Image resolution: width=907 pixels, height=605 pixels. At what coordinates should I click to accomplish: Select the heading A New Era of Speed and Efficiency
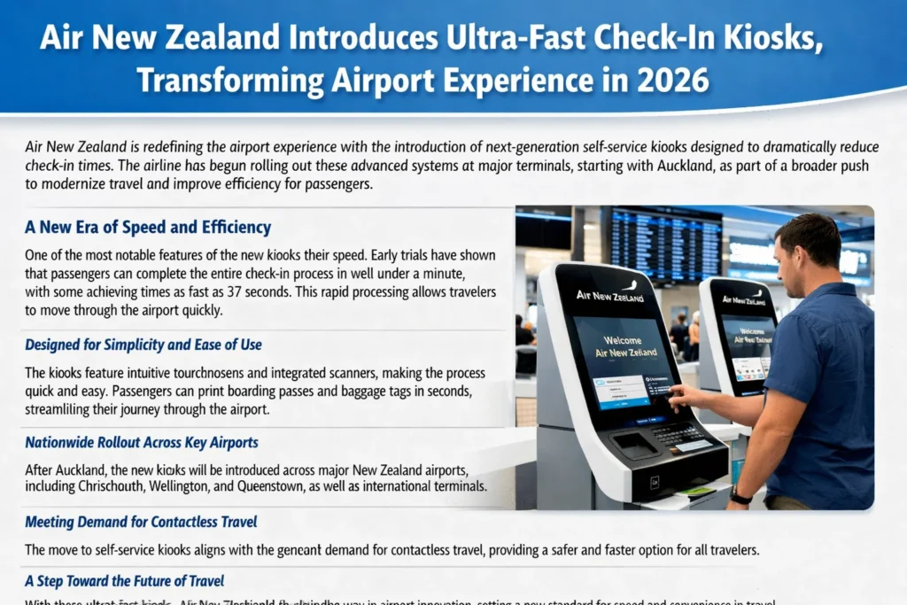(x=148, y=228)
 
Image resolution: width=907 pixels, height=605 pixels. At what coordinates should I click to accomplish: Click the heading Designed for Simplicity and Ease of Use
(x=143, y=345)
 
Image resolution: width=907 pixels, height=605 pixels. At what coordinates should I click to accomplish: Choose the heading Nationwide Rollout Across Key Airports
(x=142, y=442)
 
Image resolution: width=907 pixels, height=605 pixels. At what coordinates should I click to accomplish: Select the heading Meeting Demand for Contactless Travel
(x=141, y=522)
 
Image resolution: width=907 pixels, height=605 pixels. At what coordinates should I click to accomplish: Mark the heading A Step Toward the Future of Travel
(x=124, y=581)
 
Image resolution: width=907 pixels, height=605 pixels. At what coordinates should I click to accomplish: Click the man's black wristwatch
(x=741, y=495)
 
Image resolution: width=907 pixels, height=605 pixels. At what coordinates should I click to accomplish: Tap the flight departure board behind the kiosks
(x=665, y=244)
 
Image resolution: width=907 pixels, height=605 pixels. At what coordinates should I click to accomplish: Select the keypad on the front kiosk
(x=678, y=434)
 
